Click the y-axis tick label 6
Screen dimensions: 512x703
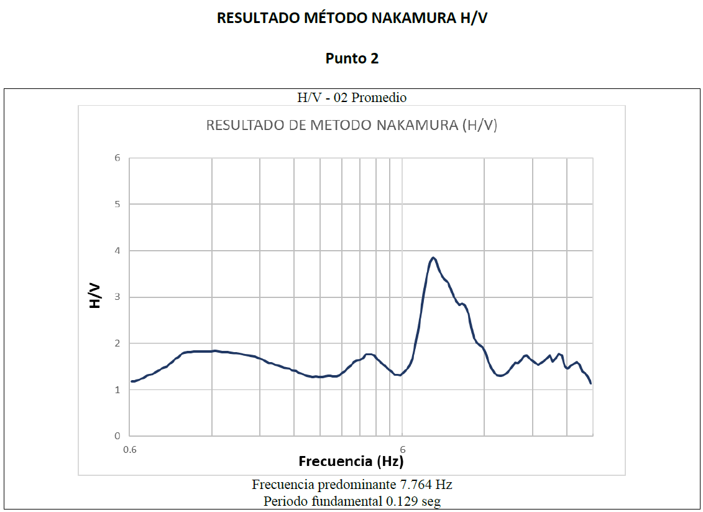(116, 158)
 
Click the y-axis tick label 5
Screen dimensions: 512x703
(116, 204)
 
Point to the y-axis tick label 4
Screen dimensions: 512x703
(116, 251)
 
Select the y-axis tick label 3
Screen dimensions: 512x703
(116, 297)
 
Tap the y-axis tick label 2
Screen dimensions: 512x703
(116, 343)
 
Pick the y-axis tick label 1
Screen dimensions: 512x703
(116, 390)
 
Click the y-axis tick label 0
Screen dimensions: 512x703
(116, 436)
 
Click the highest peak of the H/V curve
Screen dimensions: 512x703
(433, 258)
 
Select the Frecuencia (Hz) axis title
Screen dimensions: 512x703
(351, 462)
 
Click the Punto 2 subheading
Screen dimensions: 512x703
(352, 58)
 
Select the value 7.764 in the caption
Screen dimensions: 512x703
(416, 485)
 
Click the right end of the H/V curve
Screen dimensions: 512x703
(590, 383)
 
